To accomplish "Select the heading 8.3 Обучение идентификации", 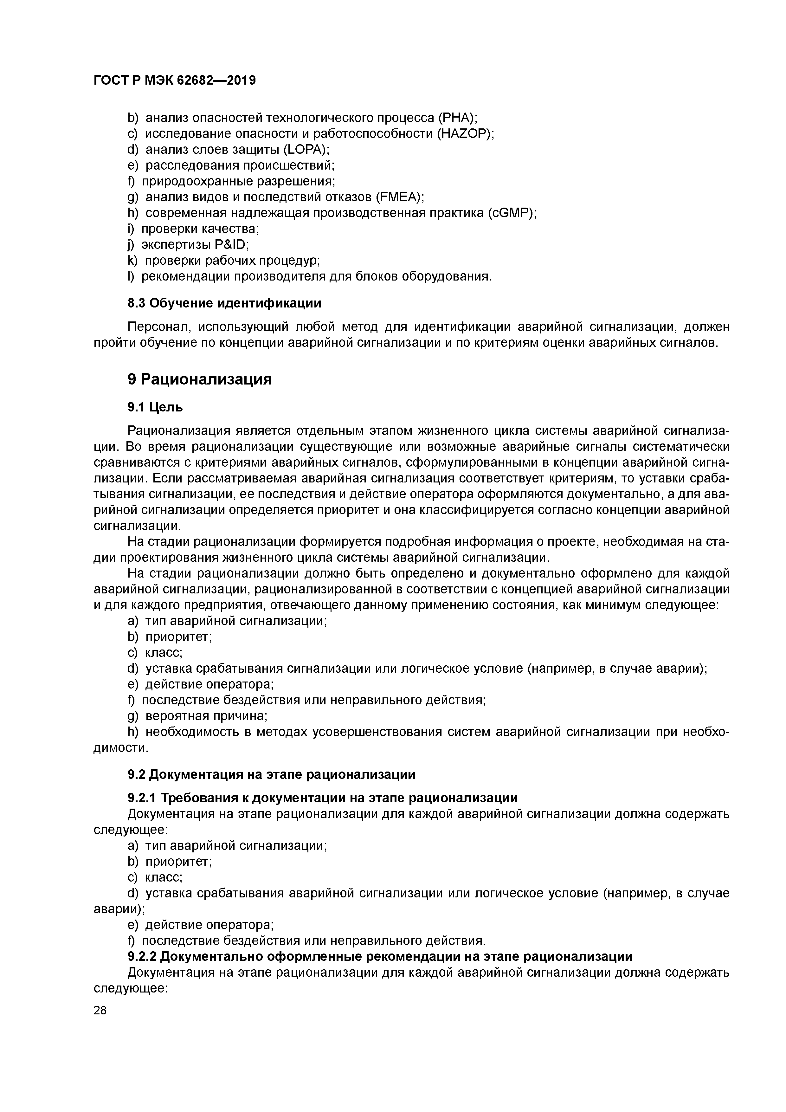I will (x=224, y=303).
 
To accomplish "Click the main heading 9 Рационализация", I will (x=200, y=379).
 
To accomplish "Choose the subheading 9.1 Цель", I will (x=155, y=407).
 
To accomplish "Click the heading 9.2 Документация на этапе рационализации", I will (x=271, y=774).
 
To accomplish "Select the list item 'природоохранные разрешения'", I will (x=238, y=181).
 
